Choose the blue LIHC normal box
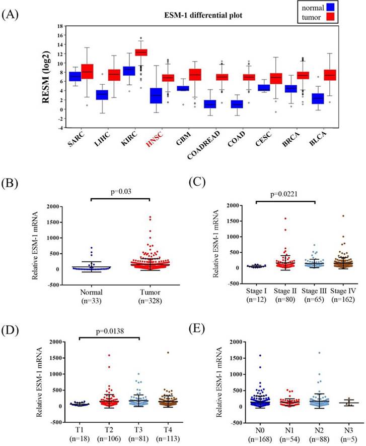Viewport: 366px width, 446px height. (102, 95)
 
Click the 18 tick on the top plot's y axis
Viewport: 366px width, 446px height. (60, 26)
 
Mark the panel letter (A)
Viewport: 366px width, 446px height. (11, 14)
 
